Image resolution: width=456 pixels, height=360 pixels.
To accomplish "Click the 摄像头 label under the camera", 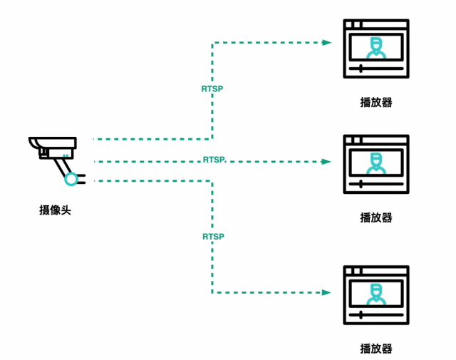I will coord(56,210).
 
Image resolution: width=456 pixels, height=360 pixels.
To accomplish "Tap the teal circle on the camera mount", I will coord(71,178).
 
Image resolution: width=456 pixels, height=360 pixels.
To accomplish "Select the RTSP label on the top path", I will coord(212,90).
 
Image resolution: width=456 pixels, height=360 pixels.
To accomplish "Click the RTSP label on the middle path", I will coord(214,159).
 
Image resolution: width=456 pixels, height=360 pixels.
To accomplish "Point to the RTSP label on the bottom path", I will coord(213,236).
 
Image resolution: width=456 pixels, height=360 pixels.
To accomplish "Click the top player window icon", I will coord(376,48).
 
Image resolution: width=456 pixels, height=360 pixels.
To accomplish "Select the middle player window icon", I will coord(376,164).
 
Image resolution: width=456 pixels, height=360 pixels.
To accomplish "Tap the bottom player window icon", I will coord(376,295).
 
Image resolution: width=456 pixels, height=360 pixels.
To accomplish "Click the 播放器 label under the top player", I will coord(376,103).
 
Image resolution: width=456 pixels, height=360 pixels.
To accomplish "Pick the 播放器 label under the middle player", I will coord(376,217).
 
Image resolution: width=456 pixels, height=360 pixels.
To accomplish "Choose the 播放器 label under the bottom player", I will coord(376,349).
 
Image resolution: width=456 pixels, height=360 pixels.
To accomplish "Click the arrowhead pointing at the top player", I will coord(327,43).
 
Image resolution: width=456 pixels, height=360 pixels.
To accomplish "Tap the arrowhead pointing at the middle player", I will coord(327,162).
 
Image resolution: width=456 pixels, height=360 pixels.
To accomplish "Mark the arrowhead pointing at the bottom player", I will coord(327,292).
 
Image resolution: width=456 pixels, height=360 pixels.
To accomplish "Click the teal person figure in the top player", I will coord(376,48).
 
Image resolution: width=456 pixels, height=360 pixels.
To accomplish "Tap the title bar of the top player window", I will coord(376,24).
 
